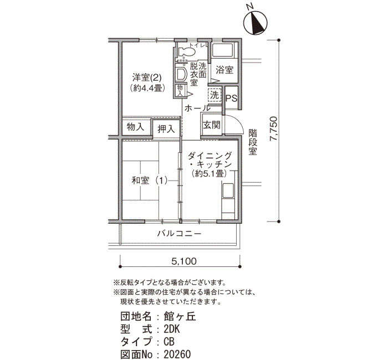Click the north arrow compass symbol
pyautogui.click(x=255, y=22)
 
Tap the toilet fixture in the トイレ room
pyautogui.click(x=186, y=52)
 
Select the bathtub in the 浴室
pyautogui.click(x=223, y=51)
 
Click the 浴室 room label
pyautogui.click(x=224, y=70)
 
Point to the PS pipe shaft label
pyautogui.click(x=231, y=99)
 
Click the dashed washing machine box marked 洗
pyautogui.click(x=215, y=95)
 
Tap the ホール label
pyautogui.click(x=197, y=108)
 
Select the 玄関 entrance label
pyautogui.click(x=212, y=125)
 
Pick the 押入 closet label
pyautogui.click(x=166, y=128)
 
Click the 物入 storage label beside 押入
pyautogui.click(x=135, y=127)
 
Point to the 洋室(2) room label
pyautogui.click(x=147, y=78)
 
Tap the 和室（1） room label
pyautogui.click(x=150, y=181)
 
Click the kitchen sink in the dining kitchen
pyautogui.click(x=228, y=191)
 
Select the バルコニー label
pyautogui.click(x=180, y=233)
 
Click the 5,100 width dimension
pyautogui.click(x=184, y=261)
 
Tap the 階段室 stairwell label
pyautogui.click(x=253, y=142)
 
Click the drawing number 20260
pyautogui.click(x=177, y=354)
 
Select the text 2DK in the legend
pyautogui.click(x=172, y=329)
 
